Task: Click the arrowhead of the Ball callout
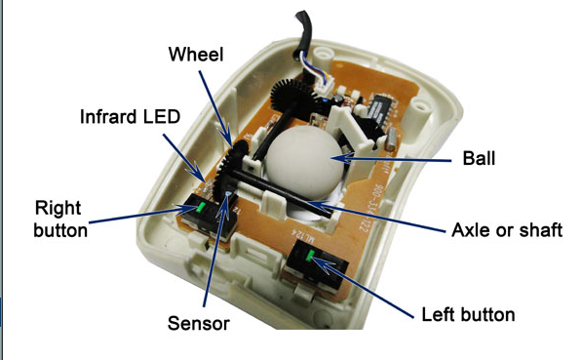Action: (340, 154)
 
